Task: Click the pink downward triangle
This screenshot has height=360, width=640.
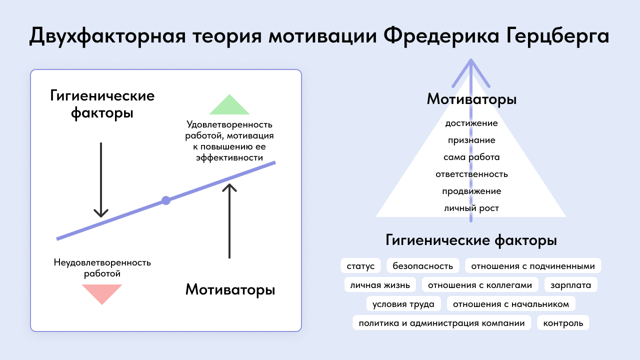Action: [102, 293]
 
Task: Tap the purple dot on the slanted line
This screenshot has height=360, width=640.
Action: [166, 200]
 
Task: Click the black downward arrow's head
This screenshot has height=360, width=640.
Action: [101, 213]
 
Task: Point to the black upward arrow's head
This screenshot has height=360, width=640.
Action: [229, 187]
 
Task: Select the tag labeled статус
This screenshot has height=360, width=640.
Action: [360, 265]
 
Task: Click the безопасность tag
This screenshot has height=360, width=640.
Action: [423, 265]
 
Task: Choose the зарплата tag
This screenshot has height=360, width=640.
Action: [571, 285]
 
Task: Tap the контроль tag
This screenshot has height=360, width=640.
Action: [563, 323]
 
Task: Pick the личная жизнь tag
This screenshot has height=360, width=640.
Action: [380, 285]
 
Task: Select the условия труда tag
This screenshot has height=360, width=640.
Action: [403, 303]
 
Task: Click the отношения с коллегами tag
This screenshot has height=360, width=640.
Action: [480, 285]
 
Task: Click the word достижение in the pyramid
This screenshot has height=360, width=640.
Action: [471, 123]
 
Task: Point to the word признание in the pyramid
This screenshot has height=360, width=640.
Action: [471, 140]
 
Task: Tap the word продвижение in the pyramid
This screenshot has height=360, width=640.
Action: [471, 191]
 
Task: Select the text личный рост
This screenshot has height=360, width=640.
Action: [471, 208]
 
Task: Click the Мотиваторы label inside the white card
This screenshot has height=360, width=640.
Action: [230, 289]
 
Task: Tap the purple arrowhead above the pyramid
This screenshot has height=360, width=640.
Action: [471, 73]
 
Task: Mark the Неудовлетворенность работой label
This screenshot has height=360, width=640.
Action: [102, 268]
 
